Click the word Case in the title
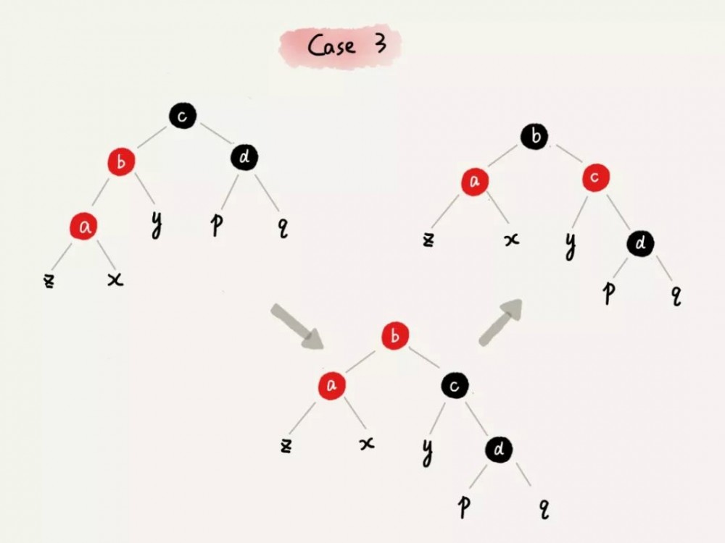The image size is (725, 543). pos(331,46)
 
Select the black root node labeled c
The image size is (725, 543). pos(183,115)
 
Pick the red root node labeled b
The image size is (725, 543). pos(395,336)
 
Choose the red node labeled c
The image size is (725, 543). pos(595,177)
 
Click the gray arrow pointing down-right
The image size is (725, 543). pos(297,326)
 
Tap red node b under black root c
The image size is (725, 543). pos(121,161)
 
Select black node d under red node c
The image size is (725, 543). pos(640,243)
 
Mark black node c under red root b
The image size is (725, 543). pos(455,386)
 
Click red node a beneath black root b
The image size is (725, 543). pos(475,182)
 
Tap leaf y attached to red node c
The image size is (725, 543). pos(571,245)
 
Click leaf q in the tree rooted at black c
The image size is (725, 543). pos(283,227)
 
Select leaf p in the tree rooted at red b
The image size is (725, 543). pos(464,506)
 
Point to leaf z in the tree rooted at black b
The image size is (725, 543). pos(428,240)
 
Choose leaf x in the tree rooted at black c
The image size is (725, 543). pos(115,279)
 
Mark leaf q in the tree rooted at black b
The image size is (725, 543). pos(676,295)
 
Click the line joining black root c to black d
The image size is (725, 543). pos(215,133)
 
